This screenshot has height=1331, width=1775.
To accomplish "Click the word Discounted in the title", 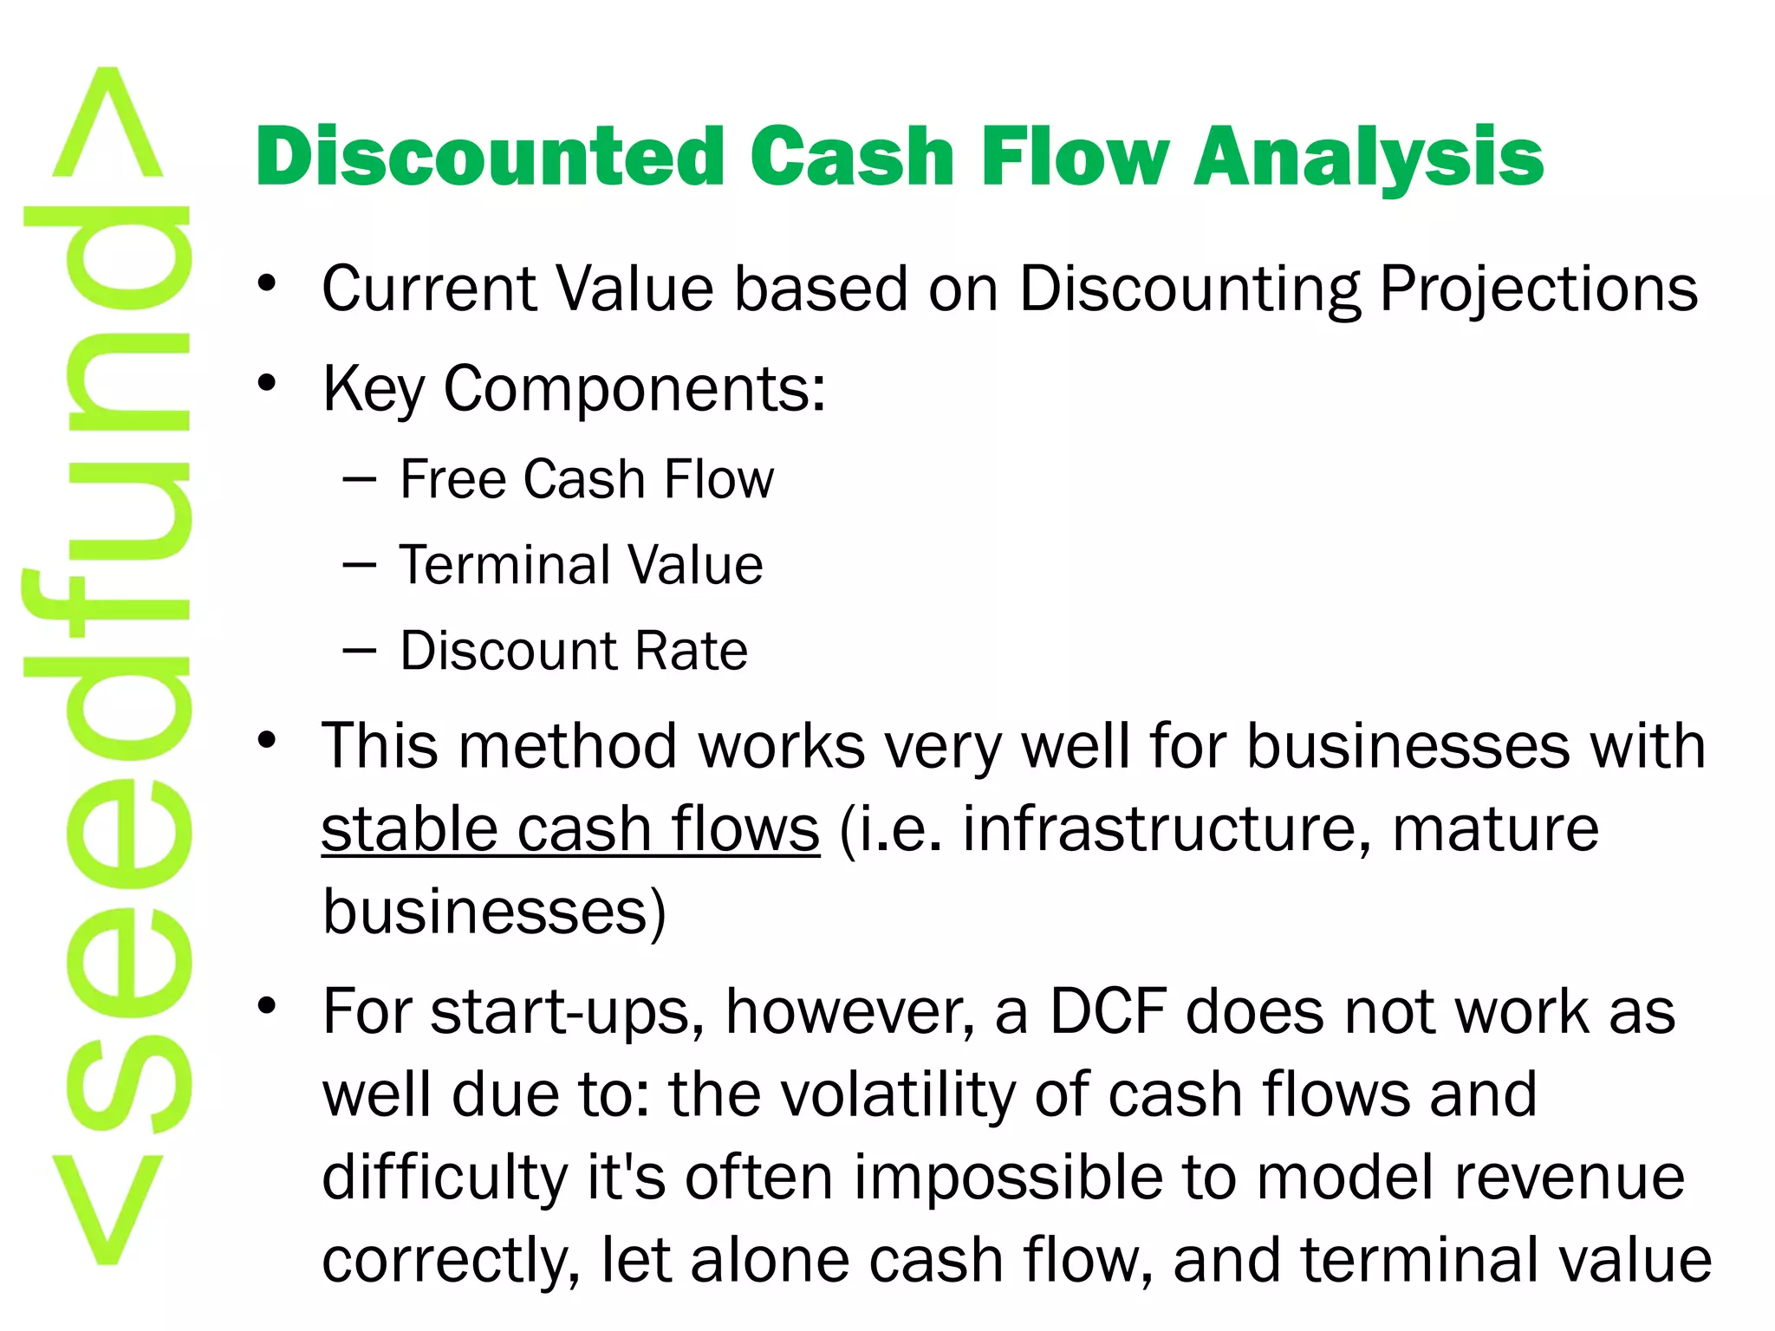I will [490, 157].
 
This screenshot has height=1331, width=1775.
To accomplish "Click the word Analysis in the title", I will [1369, 157].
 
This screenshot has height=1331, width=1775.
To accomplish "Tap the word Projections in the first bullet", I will [1538, 289].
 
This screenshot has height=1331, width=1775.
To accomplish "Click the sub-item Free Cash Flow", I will [587, 479].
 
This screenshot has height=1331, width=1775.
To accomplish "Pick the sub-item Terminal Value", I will [581, 565].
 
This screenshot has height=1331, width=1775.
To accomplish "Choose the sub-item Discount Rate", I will [574, 651].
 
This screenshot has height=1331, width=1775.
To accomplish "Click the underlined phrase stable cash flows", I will [570, 829].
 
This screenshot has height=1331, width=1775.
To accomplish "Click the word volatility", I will [899, 1094].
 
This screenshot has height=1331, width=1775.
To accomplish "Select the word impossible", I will [1044, 1178].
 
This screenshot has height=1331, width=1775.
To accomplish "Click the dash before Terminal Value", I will [359, 566].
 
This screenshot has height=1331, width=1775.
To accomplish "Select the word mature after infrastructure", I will [1495, 829].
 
